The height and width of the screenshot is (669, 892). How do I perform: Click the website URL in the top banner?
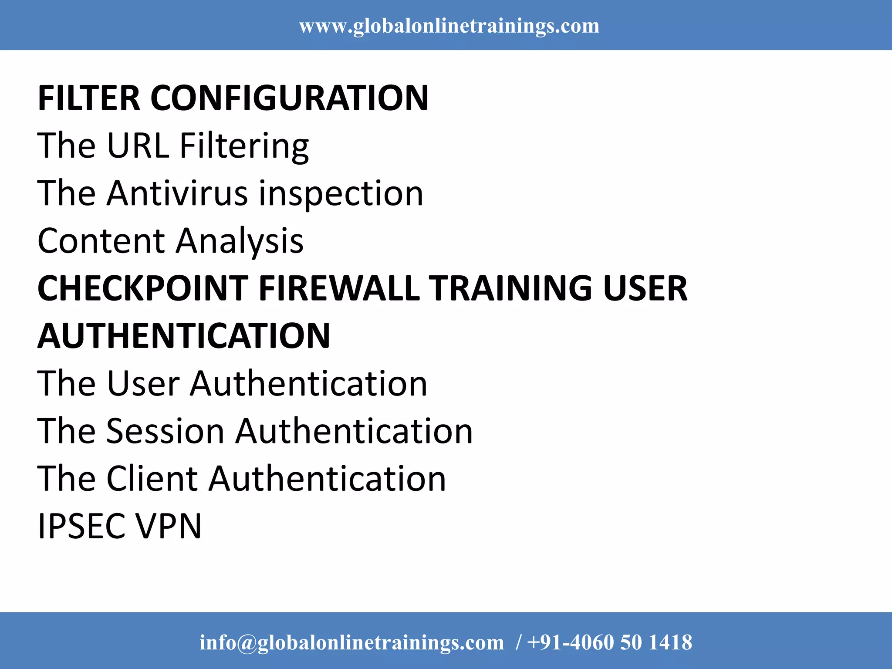coord(449,26)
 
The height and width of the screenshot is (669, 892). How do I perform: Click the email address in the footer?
coord(351,642)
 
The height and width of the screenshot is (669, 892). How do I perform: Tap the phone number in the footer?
coord(609,642)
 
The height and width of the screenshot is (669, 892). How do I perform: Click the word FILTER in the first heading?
coord(89,98)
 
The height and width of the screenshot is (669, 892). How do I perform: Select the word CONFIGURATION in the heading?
coord(289,98)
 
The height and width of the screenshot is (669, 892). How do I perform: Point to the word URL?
coord(138,145)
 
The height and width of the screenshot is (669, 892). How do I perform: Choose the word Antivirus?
coord(178,193)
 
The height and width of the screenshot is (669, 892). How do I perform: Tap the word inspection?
coord(341,194)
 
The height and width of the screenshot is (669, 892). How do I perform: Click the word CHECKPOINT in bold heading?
coord(143,288)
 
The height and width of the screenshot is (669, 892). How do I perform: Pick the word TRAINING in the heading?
coord(510,288)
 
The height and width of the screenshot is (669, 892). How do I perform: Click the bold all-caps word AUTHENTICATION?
coord(184,336)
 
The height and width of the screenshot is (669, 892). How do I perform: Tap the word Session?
coord(166,431)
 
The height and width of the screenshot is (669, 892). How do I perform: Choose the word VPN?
coord(169,526)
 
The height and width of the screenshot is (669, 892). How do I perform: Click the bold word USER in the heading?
coord(645,288)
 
